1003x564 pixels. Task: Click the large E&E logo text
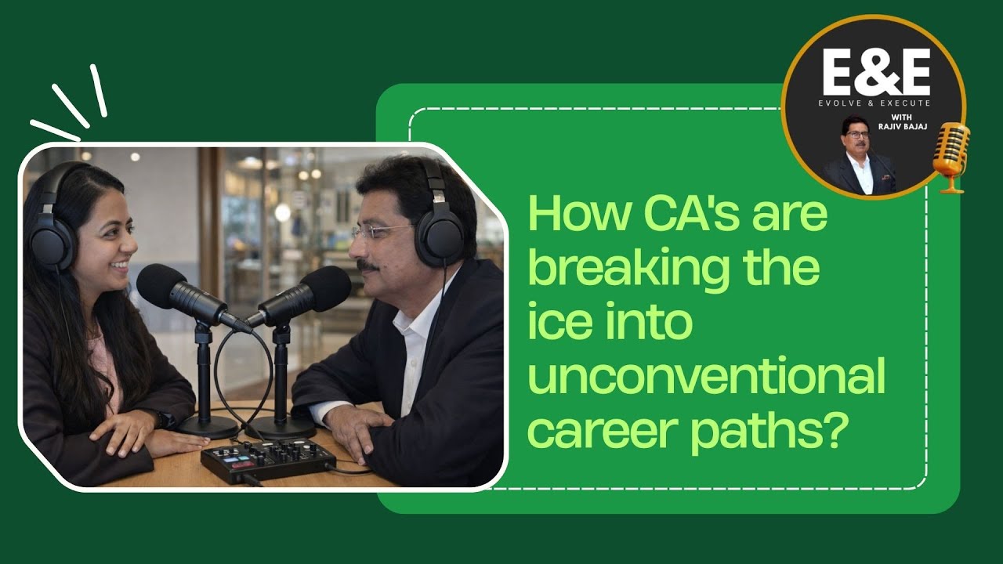[x=876, y=73]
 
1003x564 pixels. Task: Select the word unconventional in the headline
[x=706, y=378]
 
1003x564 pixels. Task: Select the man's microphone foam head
[x=324, y=288]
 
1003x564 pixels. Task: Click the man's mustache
[x=367, y=266]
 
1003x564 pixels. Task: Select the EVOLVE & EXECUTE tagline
[x=875, y=103]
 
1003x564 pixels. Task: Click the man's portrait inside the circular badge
[x=858, y=157]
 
